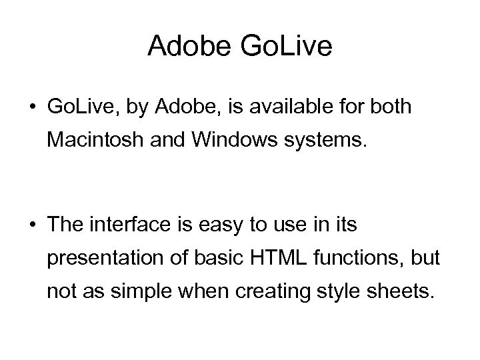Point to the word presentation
click(x=103, y=258)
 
